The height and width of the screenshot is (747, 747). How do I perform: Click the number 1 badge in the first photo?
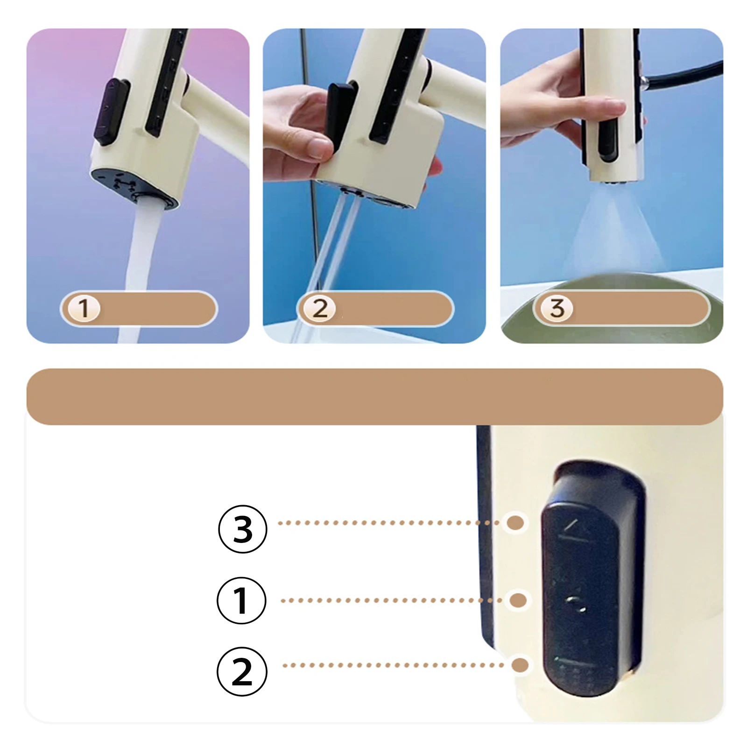[x=84, y=309]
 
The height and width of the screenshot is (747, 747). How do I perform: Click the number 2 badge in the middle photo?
[x=320, y=309]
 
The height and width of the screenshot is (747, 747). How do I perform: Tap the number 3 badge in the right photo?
[x=557, y=309]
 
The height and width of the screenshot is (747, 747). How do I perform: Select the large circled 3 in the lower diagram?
[x=243, y=529]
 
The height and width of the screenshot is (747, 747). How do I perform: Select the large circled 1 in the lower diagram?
[x=241, y=600]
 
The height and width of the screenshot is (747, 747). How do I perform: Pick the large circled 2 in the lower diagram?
[x=242, y=671]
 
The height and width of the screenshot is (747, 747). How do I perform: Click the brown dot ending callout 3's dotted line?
[x=515, y=523]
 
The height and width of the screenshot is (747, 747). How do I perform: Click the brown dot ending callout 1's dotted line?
[x=518, y=600]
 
